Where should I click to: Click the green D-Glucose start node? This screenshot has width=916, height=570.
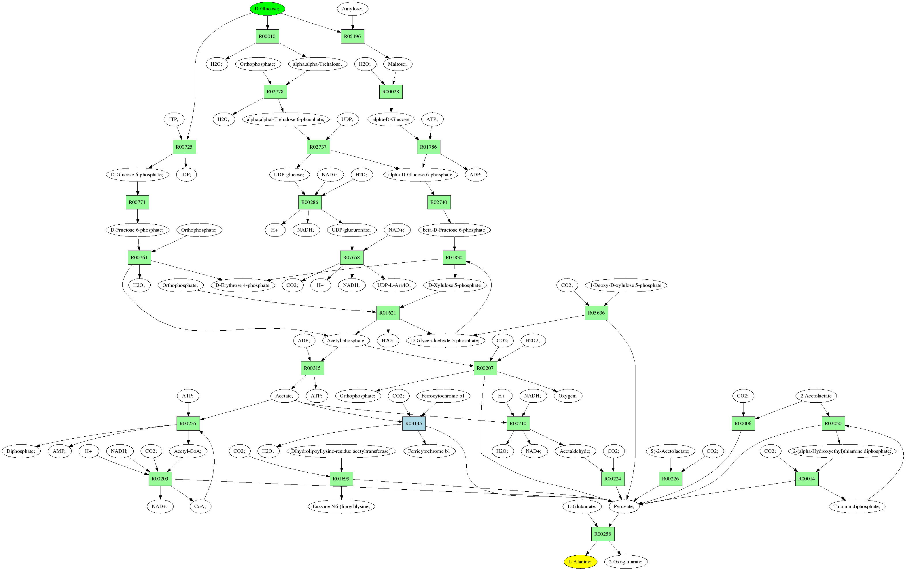pyautogui.click(x=267, y=9)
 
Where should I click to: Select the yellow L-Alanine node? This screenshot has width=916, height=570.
pyautogui.click(x=580, y=562)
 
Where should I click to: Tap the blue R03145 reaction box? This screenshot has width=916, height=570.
pyautogui.click(x=414, y=423)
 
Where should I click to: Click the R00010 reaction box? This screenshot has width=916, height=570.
pyautogui.click(x=267, y=36)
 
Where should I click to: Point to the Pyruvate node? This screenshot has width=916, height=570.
pyautogui.click(x=624, y=506)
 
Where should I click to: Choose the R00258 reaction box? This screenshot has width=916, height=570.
pyautogui.click(x=602, y=534)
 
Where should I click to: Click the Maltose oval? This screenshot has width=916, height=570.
pyautogui.click(x=397, y=64)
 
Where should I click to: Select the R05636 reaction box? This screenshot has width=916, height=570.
pyautogui.click(x=596, y=313)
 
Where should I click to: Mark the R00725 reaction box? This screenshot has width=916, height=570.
pyautogui.click(x=184, y=147)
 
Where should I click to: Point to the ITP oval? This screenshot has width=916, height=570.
pyautogui.click(x=173, y=120)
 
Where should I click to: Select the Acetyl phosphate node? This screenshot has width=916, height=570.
pyautogui.click(x=345, y=340)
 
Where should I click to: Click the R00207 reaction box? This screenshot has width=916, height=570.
pyautogui.click(x=485, y=368)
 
